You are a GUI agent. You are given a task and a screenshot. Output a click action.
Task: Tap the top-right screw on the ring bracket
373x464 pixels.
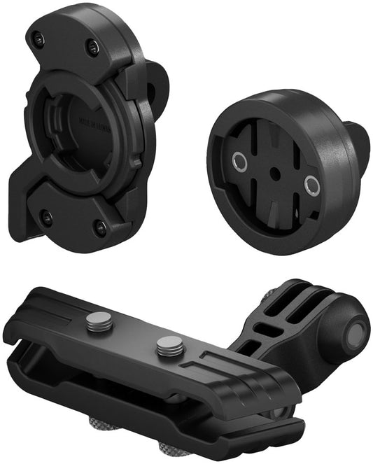[x=91, y=46]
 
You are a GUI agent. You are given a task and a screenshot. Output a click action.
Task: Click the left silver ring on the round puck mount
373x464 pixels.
[x=239, y=163]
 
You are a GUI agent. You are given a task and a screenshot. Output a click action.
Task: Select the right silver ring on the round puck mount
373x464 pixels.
[x=311, y=185]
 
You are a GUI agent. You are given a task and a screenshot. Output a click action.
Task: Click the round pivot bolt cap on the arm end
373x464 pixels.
[x=356, y=330]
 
